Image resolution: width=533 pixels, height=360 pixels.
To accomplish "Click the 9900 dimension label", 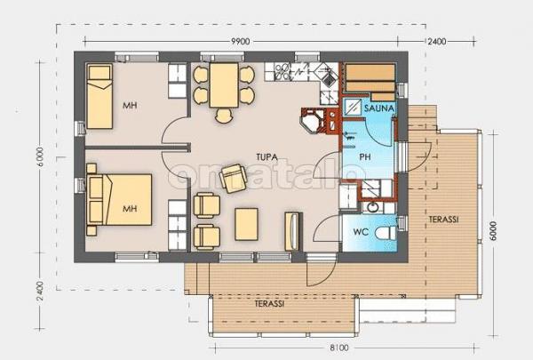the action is pos(241,42).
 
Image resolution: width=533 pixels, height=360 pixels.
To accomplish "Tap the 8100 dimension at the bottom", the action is pos(339,348).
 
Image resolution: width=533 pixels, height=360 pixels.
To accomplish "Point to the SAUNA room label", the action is pos(379,108).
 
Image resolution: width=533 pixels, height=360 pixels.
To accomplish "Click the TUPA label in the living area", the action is pos(266,157).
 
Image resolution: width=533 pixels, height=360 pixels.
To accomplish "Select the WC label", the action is pos(361,232).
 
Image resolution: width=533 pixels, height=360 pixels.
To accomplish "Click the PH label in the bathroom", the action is pos(365,156).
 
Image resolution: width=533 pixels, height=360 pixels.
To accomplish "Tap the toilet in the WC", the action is pos(386,233).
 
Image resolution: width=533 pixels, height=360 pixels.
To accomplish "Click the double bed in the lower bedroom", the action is pos(119,199).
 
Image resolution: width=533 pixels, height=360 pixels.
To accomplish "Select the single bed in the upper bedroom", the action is pos(99,96).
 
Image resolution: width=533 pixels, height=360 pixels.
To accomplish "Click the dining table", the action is pos(224,85).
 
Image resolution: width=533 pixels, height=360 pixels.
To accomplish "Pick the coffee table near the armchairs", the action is pos(246,224).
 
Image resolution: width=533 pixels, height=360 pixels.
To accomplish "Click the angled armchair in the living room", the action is pos(233,178).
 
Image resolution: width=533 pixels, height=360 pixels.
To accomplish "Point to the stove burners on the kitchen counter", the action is pos(282,71).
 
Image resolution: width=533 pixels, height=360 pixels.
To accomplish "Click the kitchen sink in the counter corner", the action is pos(327,76).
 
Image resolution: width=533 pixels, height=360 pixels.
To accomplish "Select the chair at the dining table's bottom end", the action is pos(224,116).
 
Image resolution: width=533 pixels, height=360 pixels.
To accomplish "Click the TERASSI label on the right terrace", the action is pos(443,220).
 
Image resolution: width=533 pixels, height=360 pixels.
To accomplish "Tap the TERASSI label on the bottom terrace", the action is pos(269,303).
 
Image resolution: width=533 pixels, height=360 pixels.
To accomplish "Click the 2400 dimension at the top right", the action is pos(437,42).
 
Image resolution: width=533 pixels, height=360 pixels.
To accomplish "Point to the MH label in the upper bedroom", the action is pos(130,106).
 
